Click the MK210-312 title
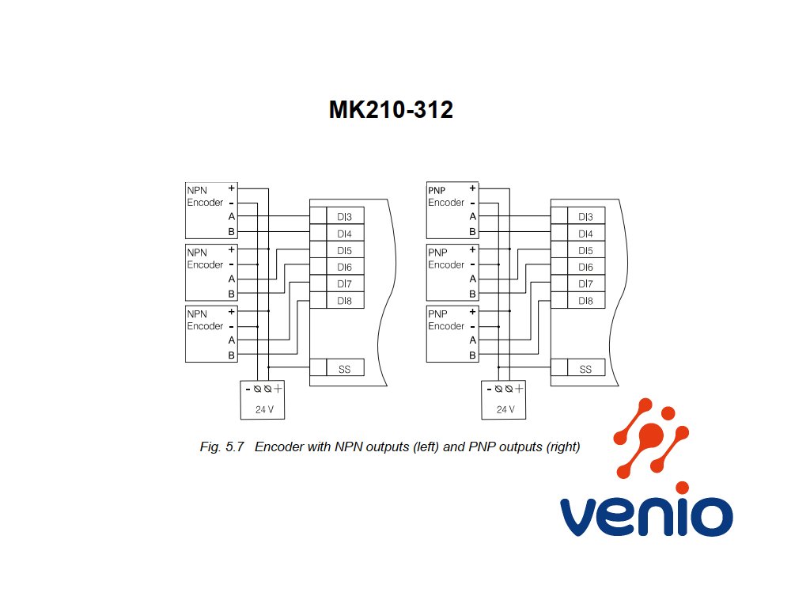[391, 109]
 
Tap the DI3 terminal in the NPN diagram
[345, 217]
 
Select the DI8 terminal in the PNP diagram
[585, 301]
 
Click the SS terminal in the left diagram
[345, 369]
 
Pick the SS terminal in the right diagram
[585, 369]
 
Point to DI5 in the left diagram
[345, 251]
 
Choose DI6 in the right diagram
[585, 268]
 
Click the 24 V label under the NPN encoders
[264, 409]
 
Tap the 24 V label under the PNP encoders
[505, 409]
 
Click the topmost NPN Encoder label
[205, 196]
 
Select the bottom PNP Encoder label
[446, 320]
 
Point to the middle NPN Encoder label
[205, 259]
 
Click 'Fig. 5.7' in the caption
[221, 446]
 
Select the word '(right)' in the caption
[563, 446]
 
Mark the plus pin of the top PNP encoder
[472, 188]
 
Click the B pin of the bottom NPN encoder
[232, 355]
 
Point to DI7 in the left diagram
[345, 284]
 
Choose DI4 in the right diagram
[585, 234]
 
